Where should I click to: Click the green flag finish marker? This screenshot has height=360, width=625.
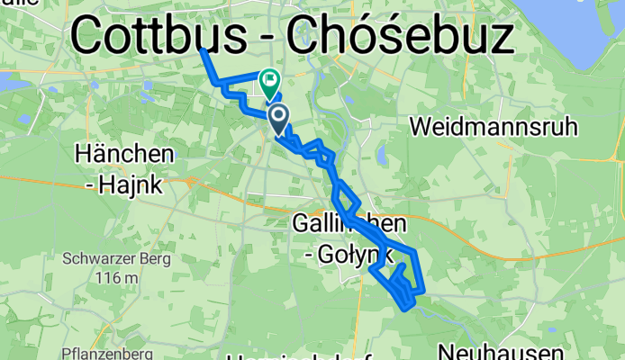[x=269, y=83]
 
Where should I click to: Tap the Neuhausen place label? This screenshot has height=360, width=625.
[x=501, y=351]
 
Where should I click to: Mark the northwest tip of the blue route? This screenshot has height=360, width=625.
[x=203, y=49]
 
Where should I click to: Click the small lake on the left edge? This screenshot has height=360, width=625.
[x=13, y=82]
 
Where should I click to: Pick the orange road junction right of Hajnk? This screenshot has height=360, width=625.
[x=190, y=180]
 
